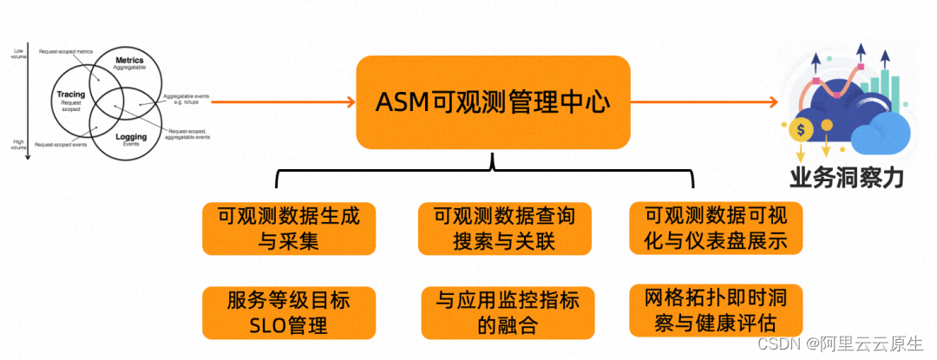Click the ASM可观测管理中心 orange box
click(x=493, y=101)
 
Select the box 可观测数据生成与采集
click(x=289, y=228)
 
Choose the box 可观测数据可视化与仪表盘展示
click(x=717, y=227)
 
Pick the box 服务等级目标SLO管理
click(x=289, y=313)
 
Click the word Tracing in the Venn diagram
click(x=70, y=94)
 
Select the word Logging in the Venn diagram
click(x=131, y=137)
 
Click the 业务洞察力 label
click(x=846, y=178)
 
